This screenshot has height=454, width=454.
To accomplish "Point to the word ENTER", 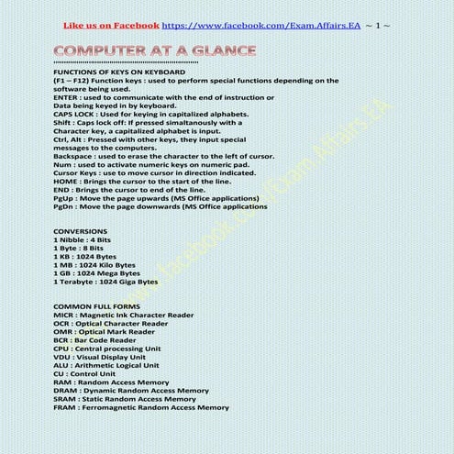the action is tap(65, 96).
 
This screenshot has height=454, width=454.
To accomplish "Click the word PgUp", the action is tap(64, 198).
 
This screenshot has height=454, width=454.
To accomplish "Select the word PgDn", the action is tap(64, 206).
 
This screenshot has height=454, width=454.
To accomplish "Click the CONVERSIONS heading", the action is tap(81, 231).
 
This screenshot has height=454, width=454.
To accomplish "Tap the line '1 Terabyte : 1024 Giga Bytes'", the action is tap(105, 282).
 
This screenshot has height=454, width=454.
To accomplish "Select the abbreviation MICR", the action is tap(64, 315).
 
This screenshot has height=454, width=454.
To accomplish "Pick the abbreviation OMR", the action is tap(63, 331).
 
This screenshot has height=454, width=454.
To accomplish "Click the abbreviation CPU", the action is tap(61, 349).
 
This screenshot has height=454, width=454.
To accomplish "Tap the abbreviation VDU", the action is tap(62, 357).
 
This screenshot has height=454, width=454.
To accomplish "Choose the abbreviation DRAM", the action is tap(65, 391).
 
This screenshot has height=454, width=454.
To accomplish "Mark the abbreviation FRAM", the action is tap(64, 407).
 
